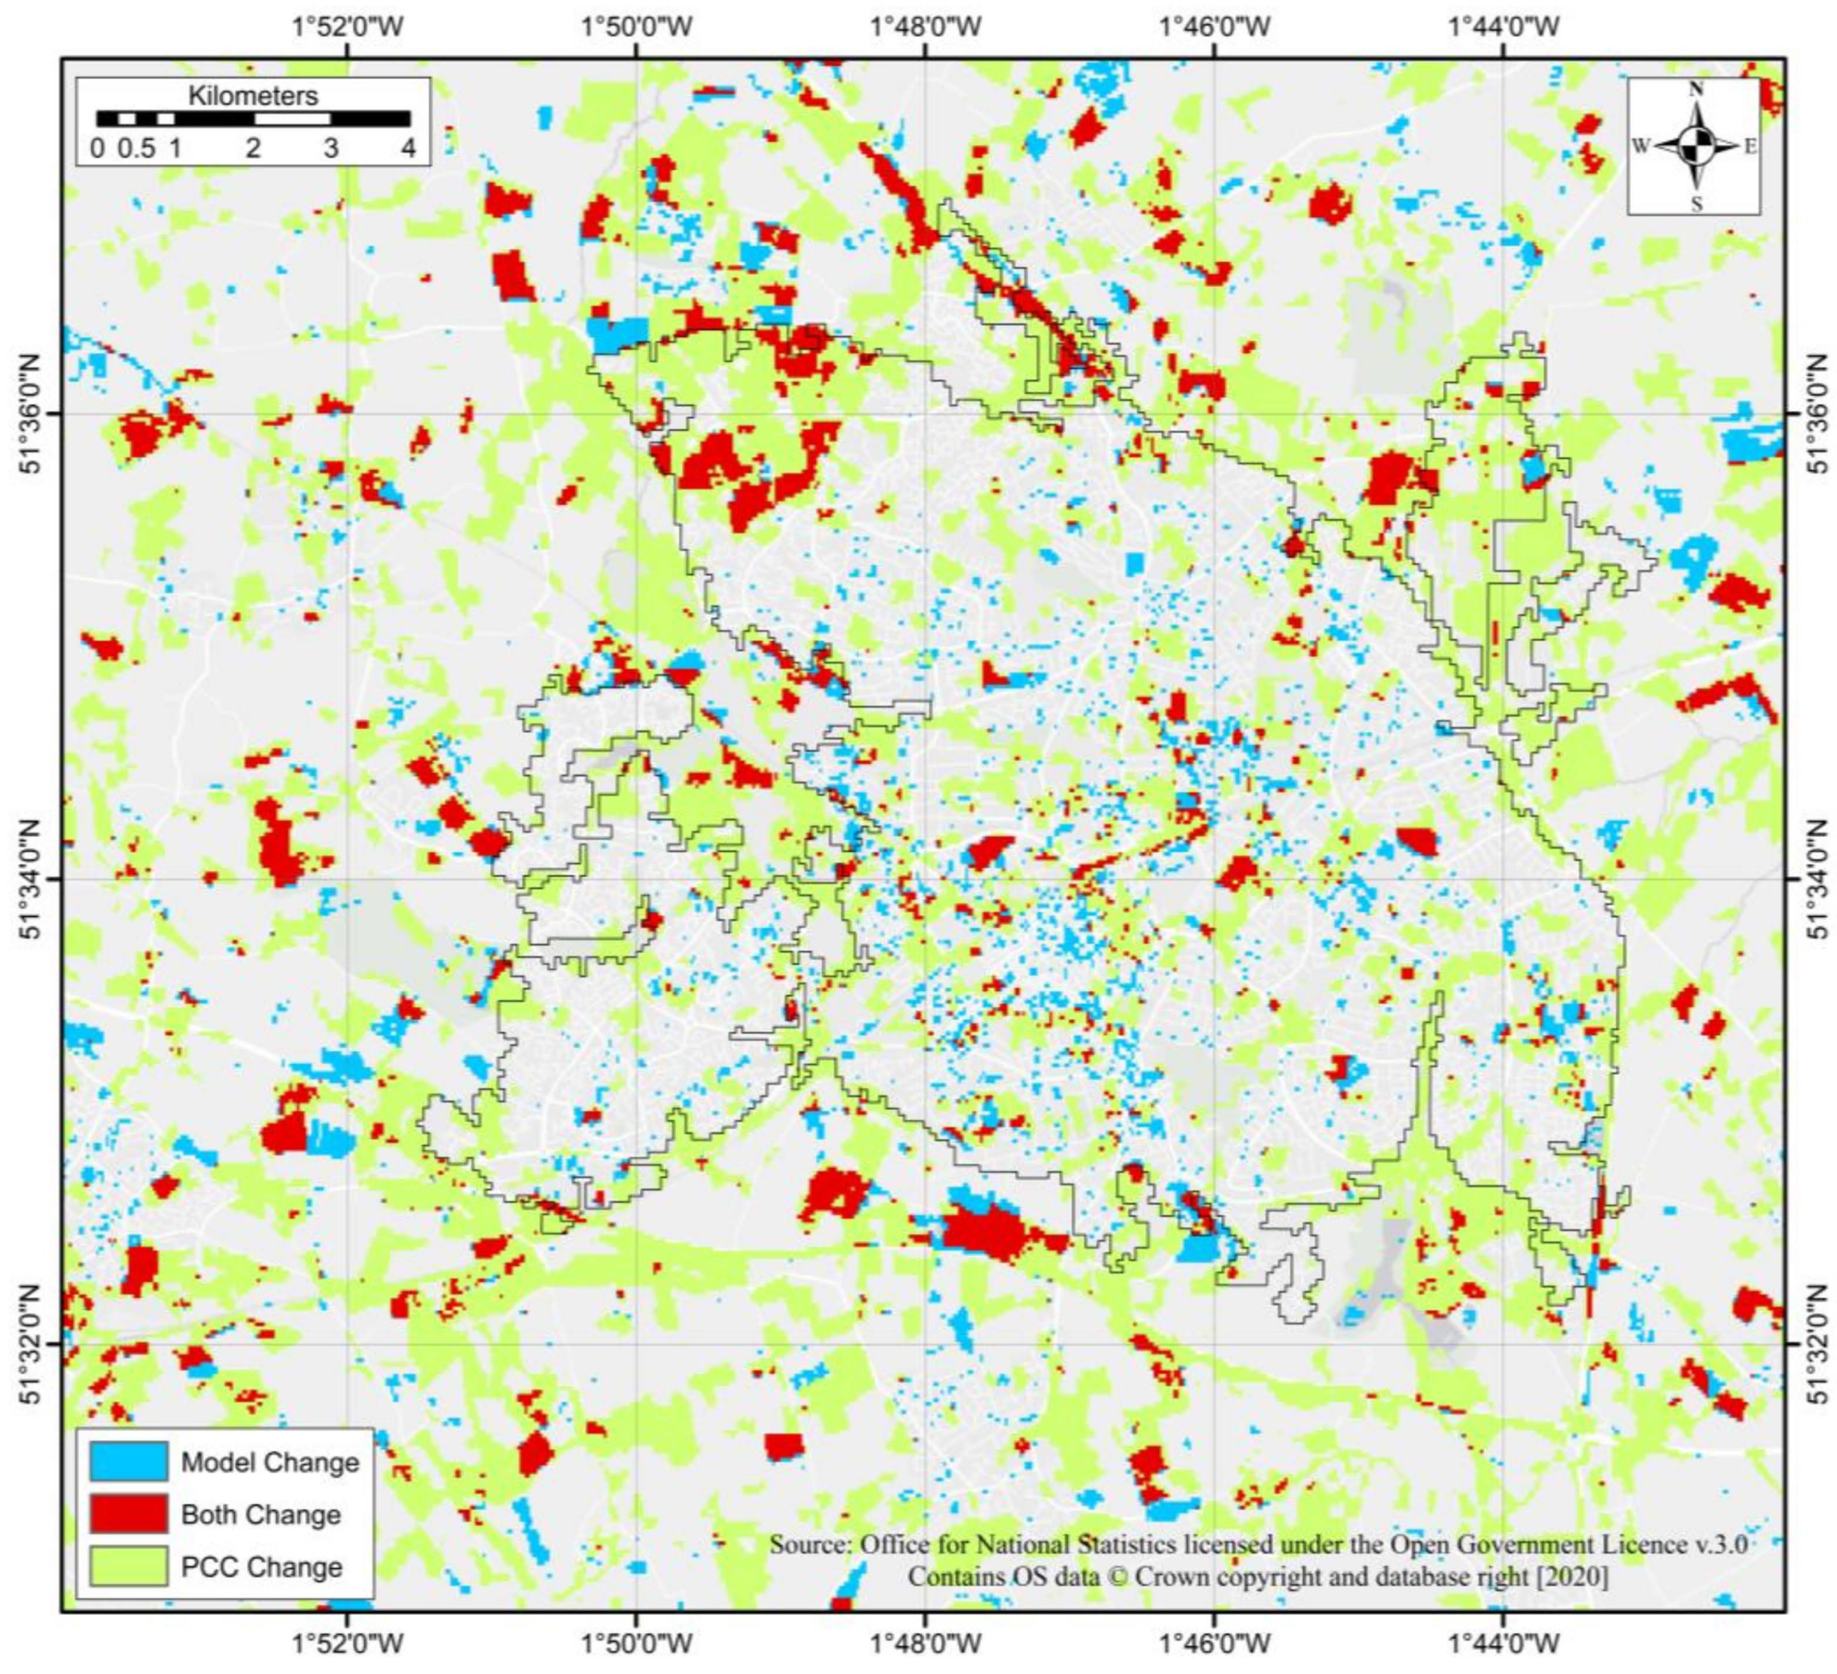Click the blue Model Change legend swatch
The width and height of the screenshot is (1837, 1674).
128,1462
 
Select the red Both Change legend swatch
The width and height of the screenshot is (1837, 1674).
128,1515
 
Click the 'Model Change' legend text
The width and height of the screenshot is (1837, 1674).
270,1463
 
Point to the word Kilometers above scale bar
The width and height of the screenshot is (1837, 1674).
253,95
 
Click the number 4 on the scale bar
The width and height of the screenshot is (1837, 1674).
408,148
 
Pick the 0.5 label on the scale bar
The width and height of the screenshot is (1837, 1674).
136,148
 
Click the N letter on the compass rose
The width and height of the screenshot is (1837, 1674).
1696,89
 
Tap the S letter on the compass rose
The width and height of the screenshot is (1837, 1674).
1696,204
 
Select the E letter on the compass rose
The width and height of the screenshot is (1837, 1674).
1750,146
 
